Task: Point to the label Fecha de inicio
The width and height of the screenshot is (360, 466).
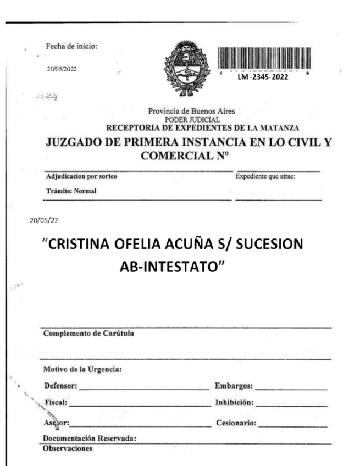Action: tap(72, 46)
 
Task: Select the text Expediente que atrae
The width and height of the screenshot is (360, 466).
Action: tap(266, 176)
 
